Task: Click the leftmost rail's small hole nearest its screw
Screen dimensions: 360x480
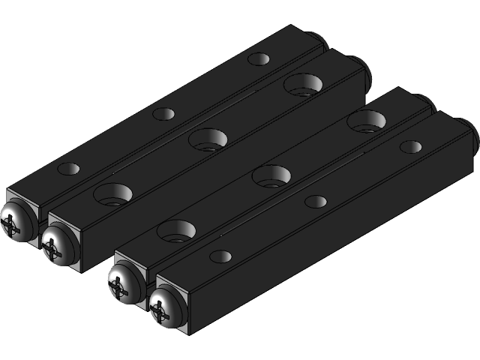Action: (x=68, y=169)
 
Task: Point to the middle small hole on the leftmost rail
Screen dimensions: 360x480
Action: (x=163, y=114)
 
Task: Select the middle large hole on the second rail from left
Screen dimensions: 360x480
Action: (x=208, y=139)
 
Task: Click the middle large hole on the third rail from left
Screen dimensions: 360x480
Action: (x=271, y=176)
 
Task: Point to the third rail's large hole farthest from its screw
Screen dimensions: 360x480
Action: (x=367, y=121)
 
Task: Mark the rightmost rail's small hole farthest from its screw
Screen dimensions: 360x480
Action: (x=411, y=146)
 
